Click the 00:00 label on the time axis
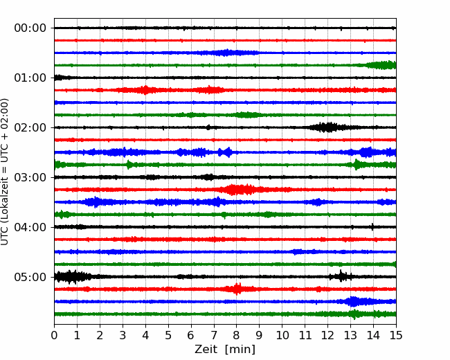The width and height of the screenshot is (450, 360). pyautogui.click(x=30, y=28)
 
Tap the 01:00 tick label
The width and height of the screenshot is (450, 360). pyautogui.click(x=30, y=78)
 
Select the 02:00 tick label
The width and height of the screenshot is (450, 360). pyautogui.click(x=30, y=127)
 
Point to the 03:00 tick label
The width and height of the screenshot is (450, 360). pyautogui.click(x=30, y=177)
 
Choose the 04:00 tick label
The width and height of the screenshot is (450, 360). pyautogui.click(x=30, y=227)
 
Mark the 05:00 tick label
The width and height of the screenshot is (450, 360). pyautogui.click(x=30, y=277)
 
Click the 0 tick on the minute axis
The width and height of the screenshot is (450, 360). pyautogui.click(x=54, y=335)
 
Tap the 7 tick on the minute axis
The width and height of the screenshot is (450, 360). pyautogui.click(x=214, y=335)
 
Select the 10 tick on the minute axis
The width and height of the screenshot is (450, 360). pyautogui.click(x=282, y=335)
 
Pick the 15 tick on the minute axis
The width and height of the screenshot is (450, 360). pyautogui.click(x=396, y=335)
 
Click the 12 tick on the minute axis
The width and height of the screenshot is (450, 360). pyautogui.click(x=327, y=335)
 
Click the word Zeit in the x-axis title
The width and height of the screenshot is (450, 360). pyautogui.click(x=207, y=349)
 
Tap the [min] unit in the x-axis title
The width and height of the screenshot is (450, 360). pyautogui.click(x=240, y=350)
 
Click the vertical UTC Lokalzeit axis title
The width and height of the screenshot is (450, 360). pyautogui.click(x=5, y=172)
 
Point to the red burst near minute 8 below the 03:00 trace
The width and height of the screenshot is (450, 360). pyautogui.click(x=240, y=190)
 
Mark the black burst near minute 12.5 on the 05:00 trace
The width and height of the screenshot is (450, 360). pyautogui.click(x=341, y=276)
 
